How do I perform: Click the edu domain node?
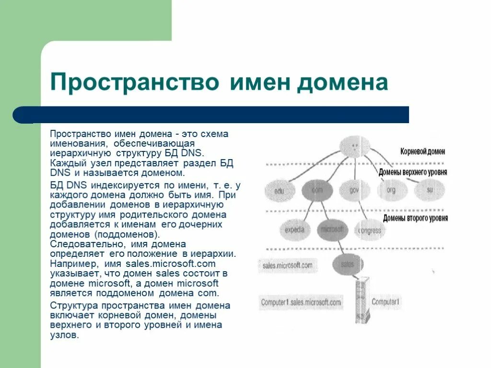tap(280, 191)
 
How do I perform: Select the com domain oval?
tap(317, 190)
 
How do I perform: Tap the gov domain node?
tap(354, 190)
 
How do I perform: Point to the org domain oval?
tap(392, 190)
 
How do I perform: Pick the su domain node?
tap(430, 190)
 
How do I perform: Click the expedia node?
tap(294, 230)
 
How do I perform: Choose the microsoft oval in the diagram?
tap(332, 230)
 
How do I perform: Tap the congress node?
tap(370, 230)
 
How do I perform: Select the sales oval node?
tap(347, 264)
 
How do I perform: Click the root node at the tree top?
tap(354, 146)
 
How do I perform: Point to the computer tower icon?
tap(362, 301)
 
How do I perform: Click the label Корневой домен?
tap(422, 151)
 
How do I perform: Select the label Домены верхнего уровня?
tap(412, 172)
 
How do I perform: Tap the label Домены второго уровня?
tap(415, 218)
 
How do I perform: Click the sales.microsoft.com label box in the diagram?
tap(287, 265)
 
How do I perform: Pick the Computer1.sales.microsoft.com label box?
tap(301, 302)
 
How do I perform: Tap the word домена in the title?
tap(342, 82)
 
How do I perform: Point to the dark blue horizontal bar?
tap(211, 115)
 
